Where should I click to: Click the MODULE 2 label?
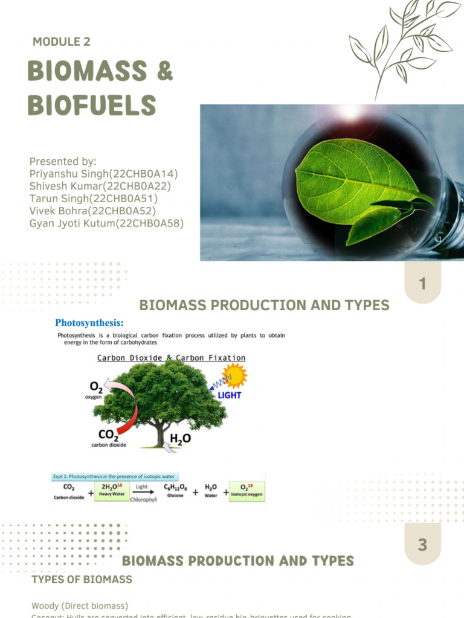click(62, 42)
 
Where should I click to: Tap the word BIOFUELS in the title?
click(92, 106)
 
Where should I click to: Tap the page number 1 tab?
click(422, 283)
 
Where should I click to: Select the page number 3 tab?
click(422, 545)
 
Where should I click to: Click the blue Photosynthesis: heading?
click(89, 322)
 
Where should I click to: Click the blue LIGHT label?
click(229, 395)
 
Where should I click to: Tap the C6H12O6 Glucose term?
click(175, 489)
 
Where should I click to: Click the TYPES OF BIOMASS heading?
click(82, 580)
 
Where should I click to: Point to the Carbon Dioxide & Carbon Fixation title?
click(172, 358)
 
